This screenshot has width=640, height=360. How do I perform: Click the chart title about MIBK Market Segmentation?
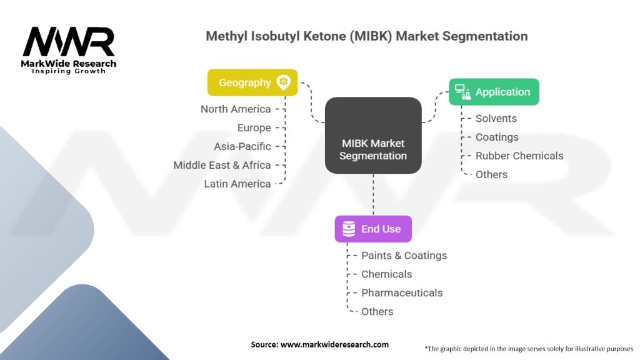point(367,36)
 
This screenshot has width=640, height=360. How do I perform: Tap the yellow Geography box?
point(252,82)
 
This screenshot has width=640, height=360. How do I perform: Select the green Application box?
point(494,92)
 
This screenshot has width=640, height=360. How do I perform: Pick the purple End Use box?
point(372,229)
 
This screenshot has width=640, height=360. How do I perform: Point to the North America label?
point(236,109)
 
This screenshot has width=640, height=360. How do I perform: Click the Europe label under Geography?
point(254,128)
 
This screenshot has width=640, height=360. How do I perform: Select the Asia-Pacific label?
point(242,147)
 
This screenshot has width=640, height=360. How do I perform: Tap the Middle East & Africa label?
point(222,166)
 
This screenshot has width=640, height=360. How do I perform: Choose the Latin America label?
point(237,184)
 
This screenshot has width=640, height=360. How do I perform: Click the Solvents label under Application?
point(496,119)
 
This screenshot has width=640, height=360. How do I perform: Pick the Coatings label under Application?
point(497,137)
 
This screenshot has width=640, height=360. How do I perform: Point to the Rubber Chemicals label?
point(519,156)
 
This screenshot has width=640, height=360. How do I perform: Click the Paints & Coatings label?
point(404,256)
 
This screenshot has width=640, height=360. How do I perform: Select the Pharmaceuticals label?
point(402,293)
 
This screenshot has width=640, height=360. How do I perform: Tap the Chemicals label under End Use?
point(387,274)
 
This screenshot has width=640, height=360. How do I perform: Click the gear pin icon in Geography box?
point(284,82)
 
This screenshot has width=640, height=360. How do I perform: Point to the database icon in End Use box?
point(349,229)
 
